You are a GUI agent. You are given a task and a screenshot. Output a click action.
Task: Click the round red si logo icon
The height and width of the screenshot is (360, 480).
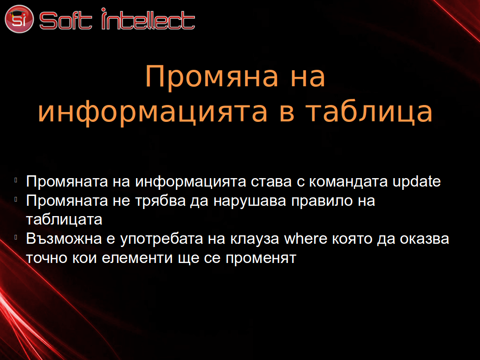point(19,19)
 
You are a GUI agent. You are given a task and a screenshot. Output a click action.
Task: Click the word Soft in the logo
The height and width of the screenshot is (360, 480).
point(66,21)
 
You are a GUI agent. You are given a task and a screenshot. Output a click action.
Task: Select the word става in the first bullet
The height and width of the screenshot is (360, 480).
point(271,182)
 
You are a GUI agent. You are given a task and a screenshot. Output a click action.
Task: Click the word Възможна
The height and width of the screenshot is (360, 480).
point(64,239)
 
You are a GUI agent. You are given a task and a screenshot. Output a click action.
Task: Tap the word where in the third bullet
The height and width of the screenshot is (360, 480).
point(306,239)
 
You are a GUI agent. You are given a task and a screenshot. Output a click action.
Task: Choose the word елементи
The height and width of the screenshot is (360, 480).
point(137,258)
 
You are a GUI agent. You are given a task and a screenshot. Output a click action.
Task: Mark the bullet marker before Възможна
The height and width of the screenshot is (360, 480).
point(15,237)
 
